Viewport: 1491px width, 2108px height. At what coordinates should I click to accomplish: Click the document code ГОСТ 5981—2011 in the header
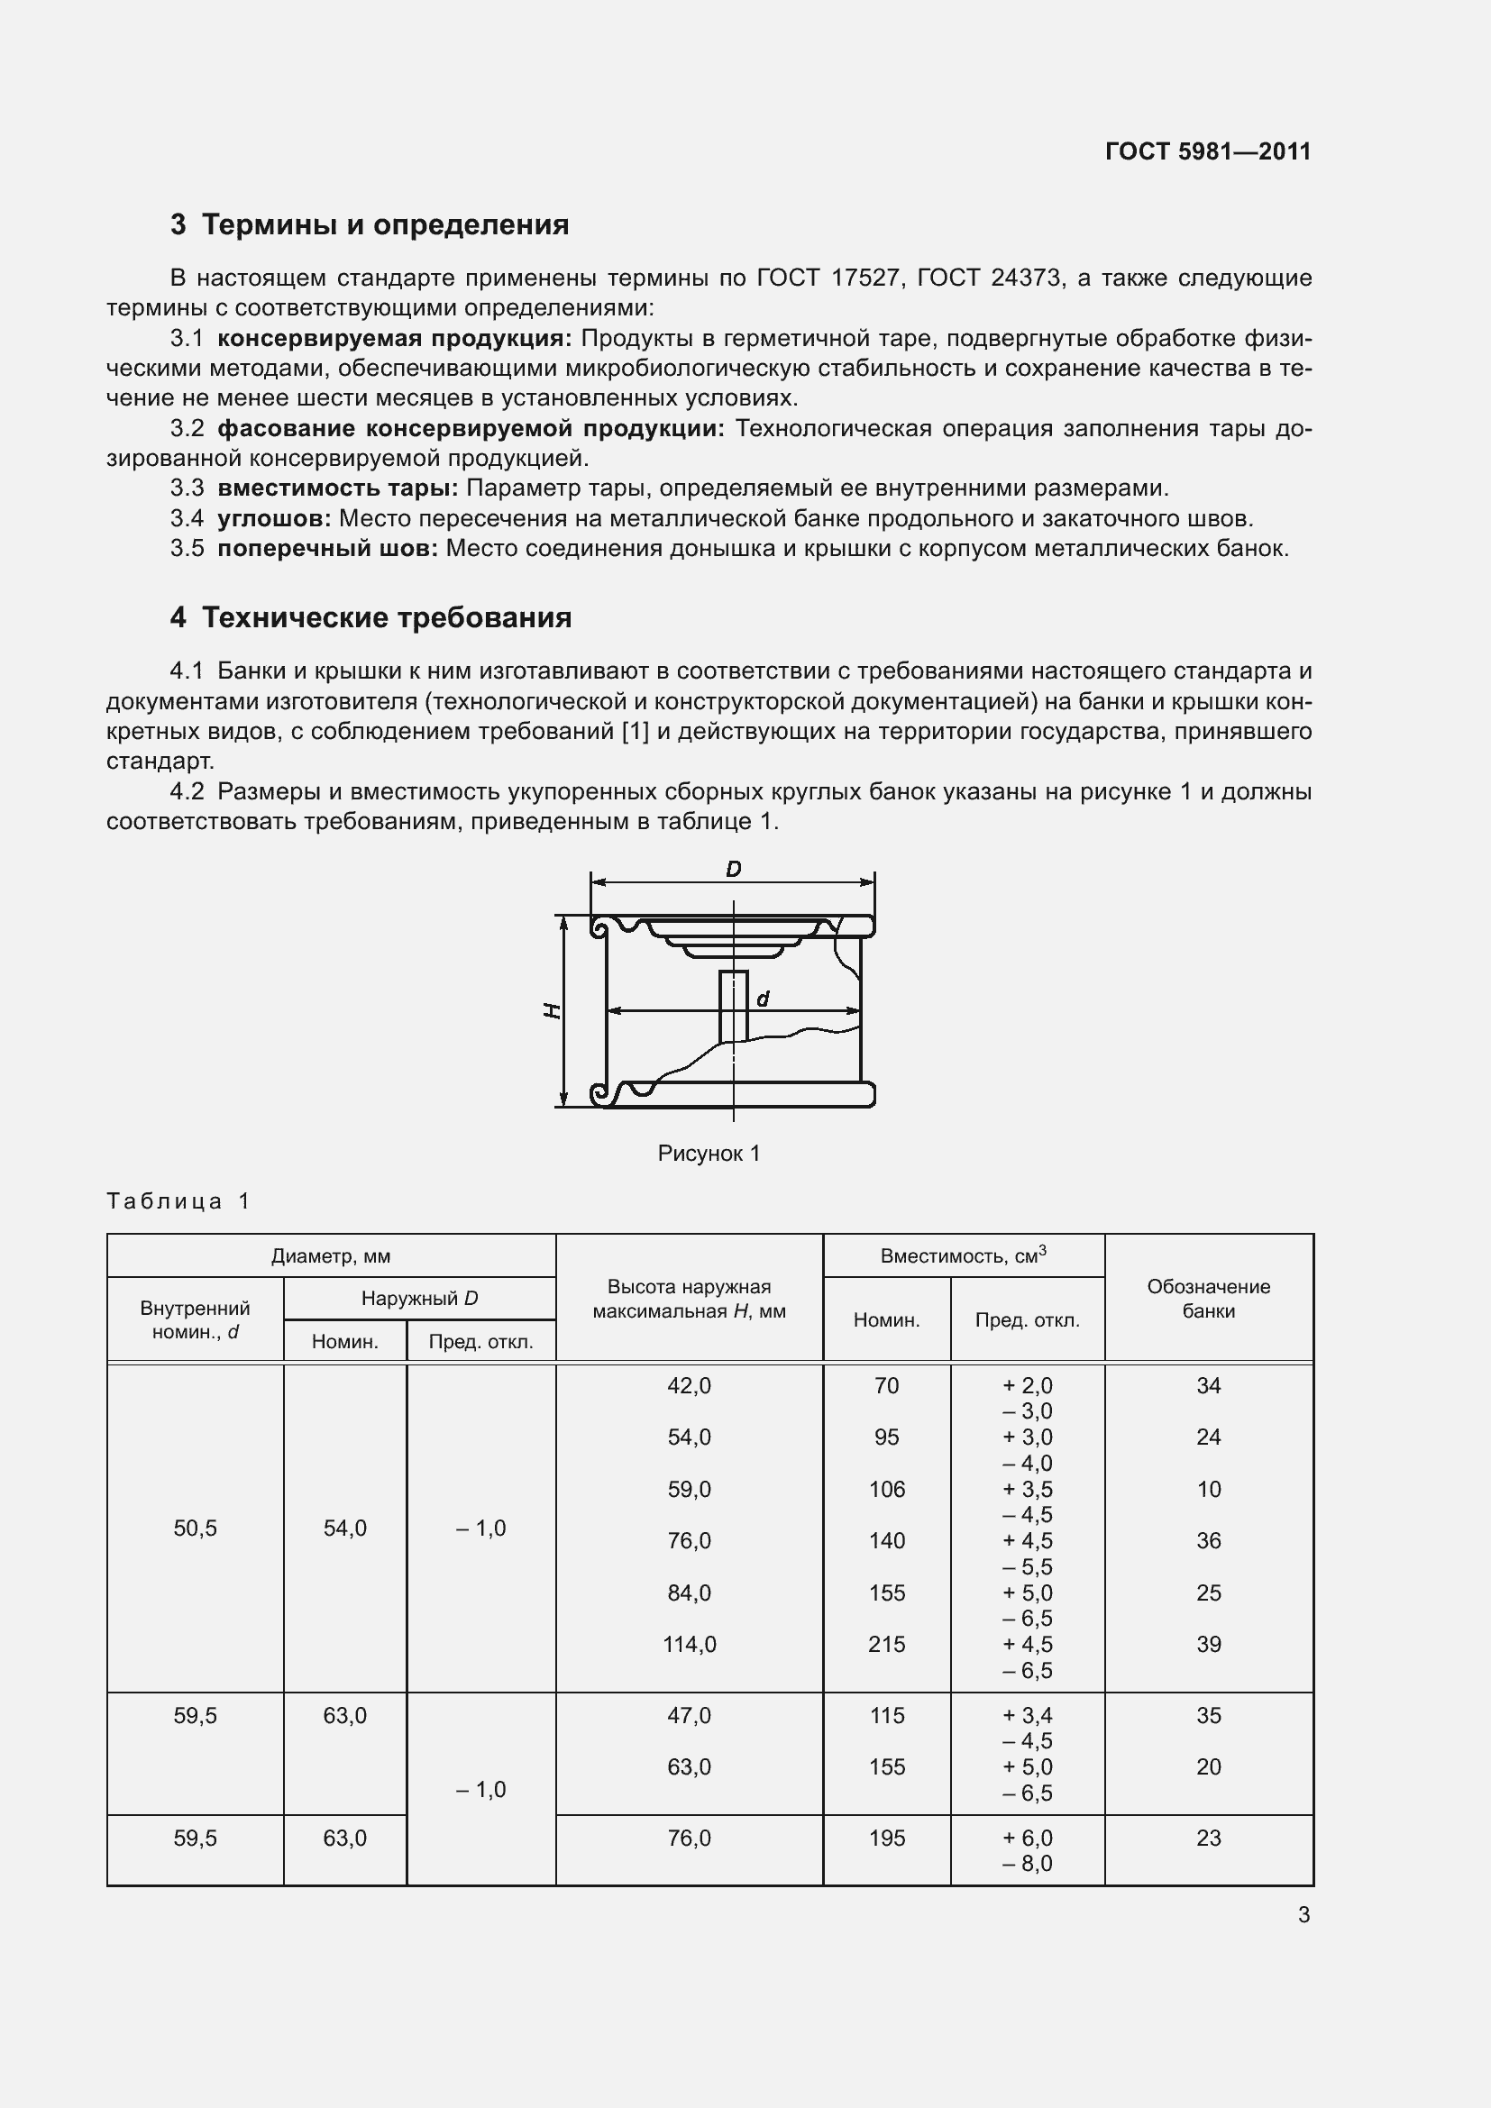click(1207, 151)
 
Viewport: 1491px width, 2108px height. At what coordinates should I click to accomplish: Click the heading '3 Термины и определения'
click(369, 225)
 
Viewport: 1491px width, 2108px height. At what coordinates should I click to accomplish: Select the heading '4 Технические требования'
click(370, 618)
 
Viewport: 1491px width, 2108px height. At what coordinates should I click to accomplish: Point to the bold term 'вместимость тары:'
click(337, 488)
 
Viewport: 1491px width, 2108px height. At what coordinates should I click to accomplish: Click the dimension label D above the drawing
click(733, 869)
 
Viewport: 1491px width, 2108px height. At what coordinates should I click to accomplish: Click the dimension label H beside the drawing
click(551, 1011)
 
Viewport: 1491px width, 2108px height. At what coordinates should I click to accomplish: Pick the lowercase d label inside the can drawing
click(762, 999)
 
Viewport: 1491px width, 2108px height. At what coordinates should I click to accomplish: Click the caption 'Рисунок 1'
click(709, 1154)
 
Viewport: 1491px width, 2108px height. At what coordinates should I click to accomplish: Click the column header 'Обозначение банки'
click(1208, 1298)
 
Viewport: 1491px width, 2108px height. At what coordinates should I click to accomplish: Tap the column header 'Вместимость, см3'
click(963, 1255)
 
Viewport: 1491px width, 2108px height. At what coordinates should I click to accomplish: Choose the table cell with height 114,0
click(689, 1645)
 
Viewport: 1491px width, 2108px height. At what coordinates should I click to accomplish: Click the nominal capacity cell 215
click(886, 1645)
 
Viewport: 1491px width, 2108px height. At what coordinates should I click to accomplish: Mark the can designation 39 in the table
click(1208, 1645)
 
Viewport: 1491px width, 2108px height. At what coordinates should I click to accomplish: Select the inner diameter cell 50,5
click(195, 1528)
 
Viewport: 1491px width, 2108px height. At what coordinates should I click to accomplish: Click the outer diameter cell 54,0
click(344, 1528)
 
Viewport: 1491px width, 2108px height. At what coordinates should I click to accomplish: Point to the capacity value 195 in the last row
click(886, 1838)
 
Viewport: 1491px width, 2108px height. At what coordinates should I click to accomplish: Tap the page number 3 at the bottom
click(1303, 1915)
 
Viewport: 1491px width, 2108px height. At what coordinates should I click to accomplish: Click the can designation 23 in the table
click(1208, 1838)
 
